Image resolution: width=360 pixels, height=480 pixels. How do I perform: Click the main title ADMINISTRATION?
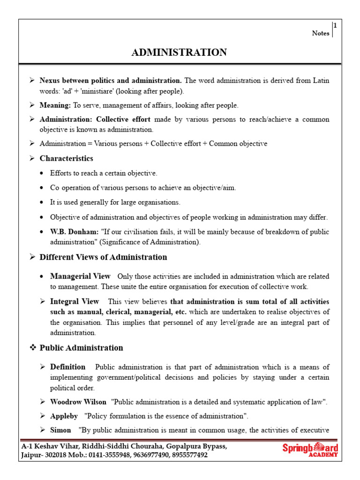[x=179, y=52]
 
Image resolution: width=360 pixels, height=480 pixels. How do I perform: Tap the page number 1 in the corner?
[x=335, y=26]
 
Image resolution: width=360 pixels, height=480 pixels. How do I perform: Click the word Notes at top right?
[x=321, y=33]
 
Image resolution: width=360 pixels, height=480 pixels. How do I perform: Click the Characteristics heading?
[x=66, y=158]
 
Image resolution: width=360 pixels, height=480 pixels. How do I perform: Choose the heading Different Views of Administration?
[x=103, y=257]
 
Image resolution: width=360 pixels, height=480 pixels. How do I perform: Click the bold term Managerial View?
[x=80, y=276]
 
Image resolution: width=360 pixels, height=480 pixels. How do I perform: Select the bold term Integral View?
[x=75, y=301]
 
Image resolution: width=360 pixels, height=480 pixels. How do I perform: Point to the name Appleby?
[x=64, y=416]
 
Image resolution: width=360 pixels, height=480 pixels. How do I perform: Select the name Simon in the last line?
[x=60, y=430]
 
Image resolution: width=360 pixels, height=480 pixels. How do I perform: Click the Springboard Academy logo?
[x=310, y=450]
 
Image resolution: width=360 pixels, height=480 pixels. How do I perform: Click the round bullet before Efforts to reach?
[x=43, y=173]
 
